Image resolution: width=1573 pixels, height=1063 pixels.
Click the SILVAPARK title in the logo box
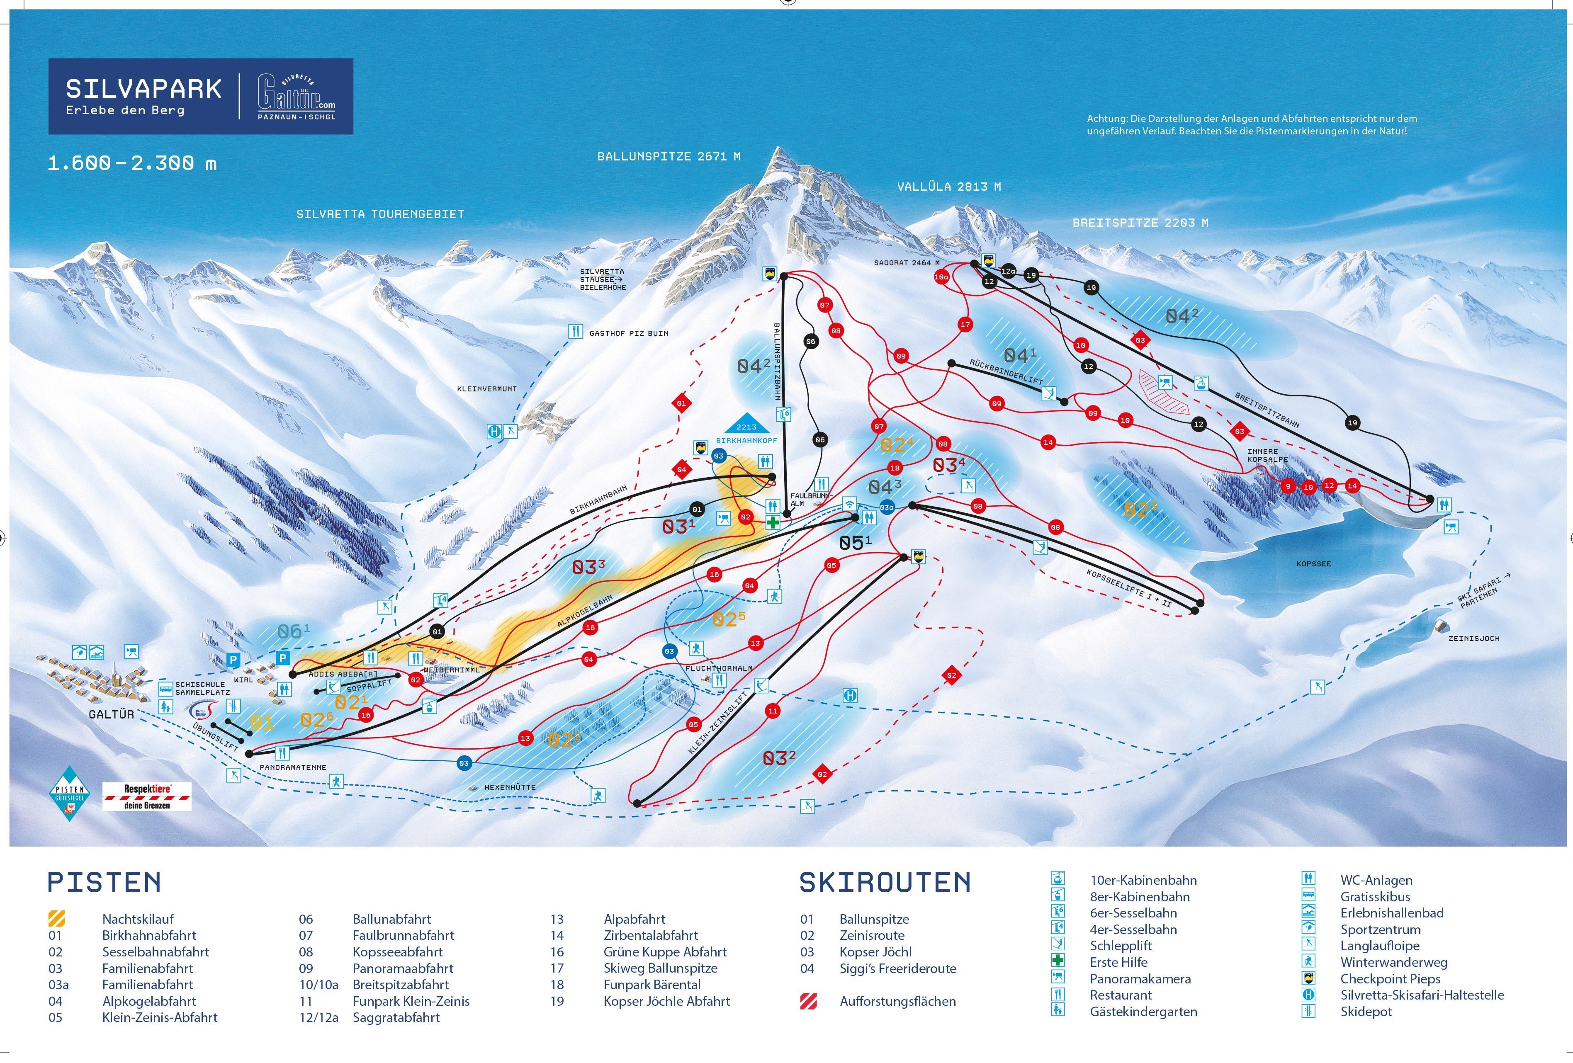(143, 89)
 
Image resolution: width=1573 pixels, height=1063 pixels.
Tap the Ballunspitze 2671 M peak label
(668, 156)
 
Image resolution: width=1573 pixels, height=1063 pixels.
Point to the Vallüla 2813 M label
(948, 187)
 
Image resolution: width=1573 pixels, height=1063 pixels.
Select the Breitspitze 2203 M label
(1140, 223)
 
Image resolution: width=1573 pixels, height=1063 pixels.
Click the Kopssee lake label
(1313, 564)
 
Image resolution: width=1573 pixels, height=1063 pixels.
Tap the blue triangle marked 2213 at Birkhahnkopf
(746, 424)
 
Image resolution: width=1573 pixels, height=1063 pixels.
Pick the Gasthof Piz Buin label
(628, 333)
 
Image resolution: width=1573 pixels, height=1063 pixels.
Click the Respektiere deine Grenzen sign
(147, 796)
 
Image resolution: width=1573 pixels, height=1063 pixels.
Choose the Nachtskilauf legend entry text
(138, 919)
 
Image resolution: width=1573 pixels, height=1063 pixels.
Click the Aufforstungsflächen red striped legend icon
(808, 1001)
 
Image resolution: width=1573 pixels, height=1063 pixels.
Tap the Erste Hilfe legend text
(1118, 962)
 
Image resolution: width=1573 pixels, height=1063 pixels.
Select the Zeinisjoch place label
(1473, 638)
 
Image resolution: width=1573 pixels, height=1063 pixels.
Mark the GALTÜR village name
(111, 714)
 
